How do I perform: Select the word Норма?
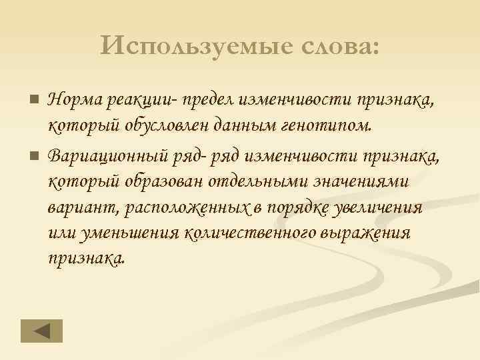point(74,101)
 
